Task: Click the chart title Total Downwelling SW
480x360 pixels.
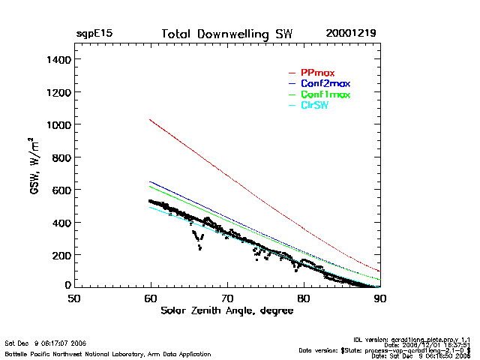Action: [226, 34]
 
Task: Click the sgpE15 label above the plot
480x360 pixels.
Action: [94, 34]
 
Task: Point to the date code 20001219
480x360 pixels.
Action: [351, 34]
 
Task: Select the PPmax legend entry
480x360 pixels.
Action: [316, 71]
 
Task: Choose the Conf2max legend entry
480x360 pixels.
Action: [324, 82]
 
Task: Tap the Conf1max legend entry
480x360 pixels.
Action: [324, 94]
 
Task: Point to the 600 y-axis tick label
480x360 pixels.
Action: [59, 190]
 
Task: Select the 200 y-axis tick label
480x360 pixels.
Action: [59, 255]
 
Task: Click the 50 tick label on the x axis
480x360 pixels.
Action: [74, 298]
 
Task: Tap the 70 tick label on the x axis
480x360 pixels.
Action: [227, 298]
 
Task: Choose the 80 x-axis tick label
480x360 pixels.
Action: [304, 298]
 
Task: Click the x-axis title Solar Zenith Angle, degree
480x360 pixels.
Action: [226, 310]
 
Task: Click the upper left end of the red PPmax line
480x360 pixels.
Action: [151, 119]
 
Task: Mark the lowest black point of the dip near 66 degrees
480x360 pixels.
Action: [199, 248]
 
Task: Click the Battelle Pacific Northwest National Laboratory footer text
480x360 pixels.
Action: [107, 353]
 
